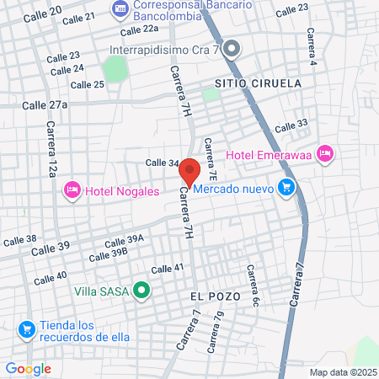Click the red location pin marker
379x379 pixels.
pyautogui.click(x=189, y=171)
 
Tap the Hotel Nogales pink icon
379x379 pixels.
pyautogui.click(x=72, y=191)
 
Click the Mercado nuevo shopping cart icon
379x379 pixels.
pyautogui.click(x=286, y=188)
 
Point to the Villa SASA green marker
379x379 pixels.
pyautogui.click(x=141, y=291)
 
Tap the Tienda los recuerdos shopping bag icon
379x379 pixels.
pyautogui.click(x=27, y=328)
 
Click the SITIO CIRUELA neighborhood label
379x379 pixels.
pyautogui.click(x=252, y=84)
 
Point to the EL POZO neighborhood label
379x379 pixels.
pyautogui.click(x=215, y=296)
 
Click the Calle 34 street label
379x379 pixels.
pyautogui.click(x=162, y=163)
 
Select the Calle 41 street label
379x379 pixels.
pyautogui.click(x=167, y=269)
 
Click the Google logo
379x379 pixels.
pyautogui.click(x=29, y=368)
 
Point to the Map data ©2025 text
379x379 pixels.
pyautogui.click(x=340, y=372)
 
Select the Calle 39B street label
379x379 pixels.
pyautogui.click(x=107, y=254)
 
